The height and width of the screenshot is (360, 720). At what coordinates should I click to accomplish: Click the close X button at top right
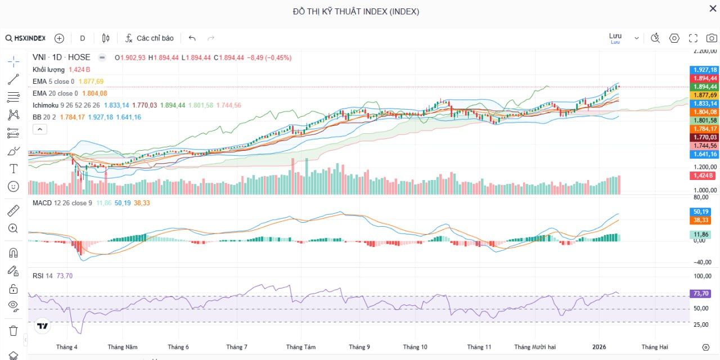tap(713, 8)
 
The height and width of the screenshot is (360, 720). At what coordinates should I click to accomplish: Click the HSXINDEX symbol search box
tap(26, 38)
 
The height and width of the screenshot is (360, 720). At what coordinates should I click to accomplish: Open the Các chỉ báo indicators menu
tap(149, 38)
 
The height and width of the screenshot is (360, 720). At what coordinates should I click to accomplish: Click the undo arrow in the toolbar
tap(192, 38)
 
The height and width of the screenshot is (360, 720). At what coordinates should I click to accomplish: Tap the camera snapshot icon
tap(712, 38)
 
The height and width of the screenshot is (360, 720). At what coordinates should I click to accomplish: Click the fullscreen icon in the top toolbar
tap(693, 38)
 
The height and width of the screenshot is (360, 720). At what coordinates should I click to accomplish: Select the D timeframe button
tap(83, 38)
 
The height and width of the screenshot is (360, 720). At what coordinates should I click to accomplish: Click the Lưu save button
tap(615, 38)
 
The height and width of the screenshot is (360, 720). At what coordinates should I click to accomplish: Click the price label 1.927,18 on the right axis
tap(705, 70)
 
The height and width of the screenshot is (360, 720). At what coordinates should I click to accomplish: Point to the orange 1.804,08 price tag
tap(705, 112)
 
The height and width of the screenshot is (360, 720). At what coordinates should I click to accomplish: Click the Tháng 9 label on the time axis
tap(359, 347)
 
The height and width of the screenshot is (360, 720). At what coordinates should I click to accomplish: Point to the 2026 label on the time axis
tap(599, 347)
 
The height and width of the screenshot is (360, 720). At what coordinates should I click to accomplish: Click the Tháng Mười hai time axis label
tap(535, 347)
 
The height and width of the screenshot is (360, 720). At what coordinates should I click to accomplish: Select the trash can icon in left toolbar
tap(13, 330)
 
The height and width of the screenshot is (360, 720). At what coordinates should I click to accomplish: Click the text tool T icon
tap(13, 169)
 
